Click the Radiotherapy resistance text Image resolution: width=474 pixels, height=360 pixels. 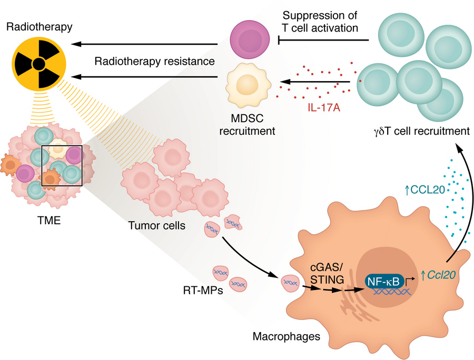[154, 61]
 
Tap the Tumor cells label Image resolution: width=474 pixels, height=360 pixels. [157, 226]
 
